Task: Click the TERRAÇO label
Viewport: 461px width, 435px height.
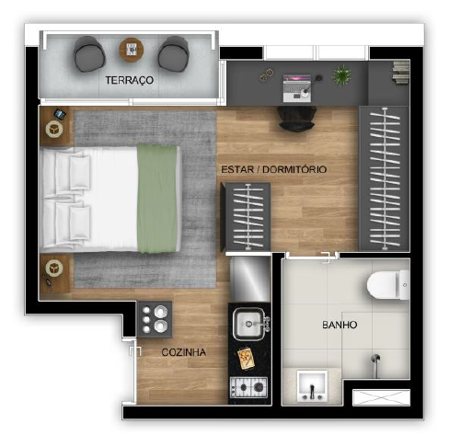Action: (x=129, y=81)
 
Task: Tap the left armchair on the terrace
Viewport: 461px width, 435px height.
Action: (x=89, y=53)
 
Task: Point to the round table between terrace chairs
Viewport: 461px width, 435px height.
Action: (x=131, y=48)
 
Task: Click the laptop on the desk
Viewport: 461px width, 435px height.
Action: (x=298, y=86)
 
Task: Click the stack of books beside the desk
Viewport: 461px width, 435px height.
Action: (x=399, y=70)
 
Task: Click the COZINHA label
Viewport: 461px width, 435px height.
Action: (x=183, y=352)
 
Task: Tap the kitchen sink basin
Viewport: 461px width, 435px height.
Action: (x=248, y=323)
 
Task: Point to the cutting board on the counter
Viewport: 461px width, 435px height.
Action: (x=247, y=357)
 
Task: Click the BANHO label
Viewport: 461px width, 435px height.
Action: (x=339, y=325)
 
